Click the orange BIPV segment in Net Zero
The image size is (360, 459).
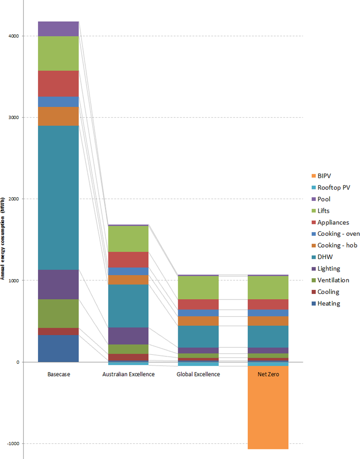coord(268,407)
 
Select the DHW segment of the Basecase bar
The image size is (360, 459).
coord(58,198)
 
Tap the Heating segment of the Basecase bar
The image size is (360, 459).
coord(58,348)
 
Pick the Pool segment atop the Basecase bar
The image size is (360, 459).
coord(58,29)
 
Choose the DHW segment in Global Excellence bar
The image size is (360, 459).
coord(198,336)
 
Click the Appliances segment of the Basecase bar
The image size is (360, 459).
coord(58,83)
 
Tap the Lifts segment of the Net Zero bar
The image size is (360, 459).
coord(268,287)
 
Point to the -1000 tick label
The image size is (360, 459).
coord(13,444)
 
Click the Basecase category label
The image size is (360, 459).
coord(59,374)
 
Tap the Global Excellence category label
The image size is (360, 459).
coord(198,374)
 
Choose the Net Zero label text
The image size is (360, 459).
coord(268,374)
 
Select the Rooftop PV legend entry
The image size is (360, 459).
coord(334,188)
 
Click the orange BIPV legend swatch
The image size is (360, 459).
coord(314,176)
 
